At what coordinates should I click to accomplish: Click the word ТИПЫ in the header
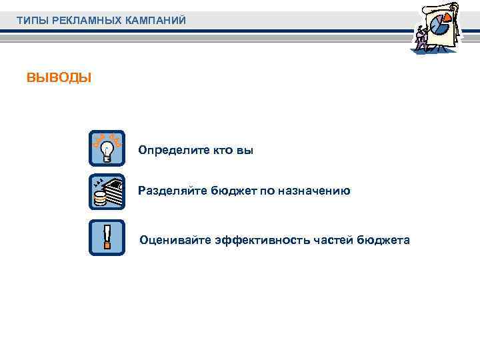click(x=30, y=21)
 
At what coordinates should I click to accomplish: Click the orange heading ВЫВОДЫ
click(x=59, y=78)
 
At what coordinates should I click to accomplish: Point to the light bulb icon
click(x=107, y=149)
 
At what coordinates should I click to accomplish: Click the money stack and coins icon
click(x=107, y=192)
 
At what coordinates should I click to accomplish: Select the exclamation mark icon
click(x=107, y=237)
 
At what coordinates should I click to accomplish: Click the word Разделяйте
click(x=173, y=191)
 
